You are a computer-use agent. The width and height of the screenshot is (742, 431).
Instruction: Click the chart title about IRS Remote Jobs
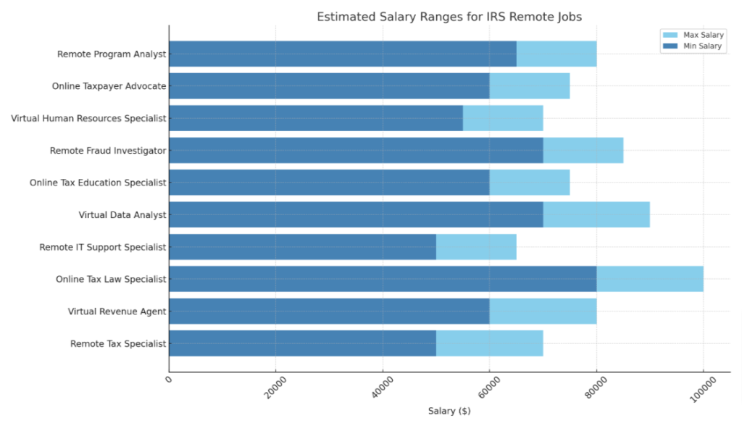click(x=449, y=17)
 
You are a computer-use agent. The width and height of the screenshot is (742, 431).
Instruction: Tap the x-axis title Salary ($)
click(x=449, y=411)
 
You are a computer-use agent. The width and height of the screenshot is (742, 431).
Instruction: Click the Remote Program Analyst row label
click(x=112, y=54)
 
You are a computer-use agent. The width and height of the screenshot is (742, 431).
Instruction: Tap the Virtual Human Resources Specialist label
click(x=88, y=118)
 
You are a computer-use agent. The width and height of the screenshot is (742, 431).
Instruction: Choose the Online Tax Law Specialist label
click(x=111, y=279)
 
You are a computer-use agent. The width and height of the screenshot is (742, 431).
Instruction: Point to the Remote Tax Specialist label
click(x=118, y=343)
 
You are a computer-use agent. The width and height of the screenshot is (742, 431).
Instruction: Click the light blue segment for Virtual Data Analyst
click(x=596, y=214)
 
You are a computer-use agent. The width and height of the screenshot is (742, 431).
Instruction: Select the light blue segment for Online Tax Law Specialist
click(x=649, y=279)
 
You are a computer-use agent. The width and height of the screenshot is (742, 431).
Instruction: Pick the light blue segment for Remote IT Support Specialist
click(x=476, y=247)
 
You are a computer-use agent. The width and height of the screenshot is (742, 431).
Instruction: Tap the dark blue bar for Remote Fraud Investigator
click(x=356, y=151)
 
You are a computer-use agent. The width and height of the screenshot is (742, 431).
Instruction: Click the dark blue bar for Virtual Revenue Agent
click(x=329, y=311)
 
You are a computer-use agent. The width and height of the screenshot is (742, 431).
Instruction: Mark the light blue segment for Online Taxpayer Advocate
click(x=530, y=86)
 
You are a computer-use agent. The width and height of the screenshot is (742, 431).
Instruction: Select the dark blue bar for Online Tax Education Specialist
click(x=329, y=183)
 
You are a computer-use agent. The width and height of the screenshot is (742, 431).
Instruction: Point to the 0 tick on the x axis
click(x=169, y=380)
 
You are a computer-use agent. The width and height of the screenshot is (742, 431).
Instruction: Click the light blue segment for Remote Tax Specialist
click(x=489, y=343)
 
